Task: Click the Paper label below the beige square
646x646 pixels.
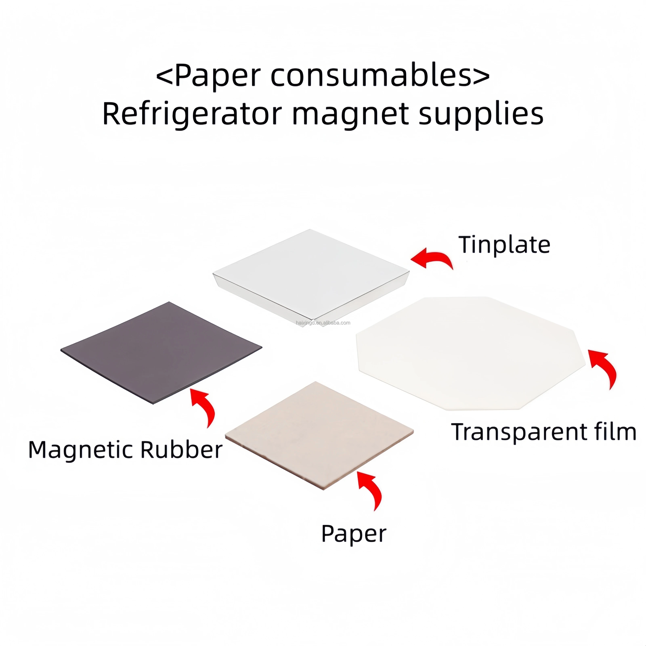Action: (354, 534)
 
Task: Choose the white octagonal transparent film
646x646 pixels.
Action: (471, 353)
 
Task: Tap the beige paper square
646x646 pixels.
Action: (319, 435)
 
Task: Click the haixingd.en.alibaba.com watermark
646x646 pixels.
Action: (323, 323)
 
